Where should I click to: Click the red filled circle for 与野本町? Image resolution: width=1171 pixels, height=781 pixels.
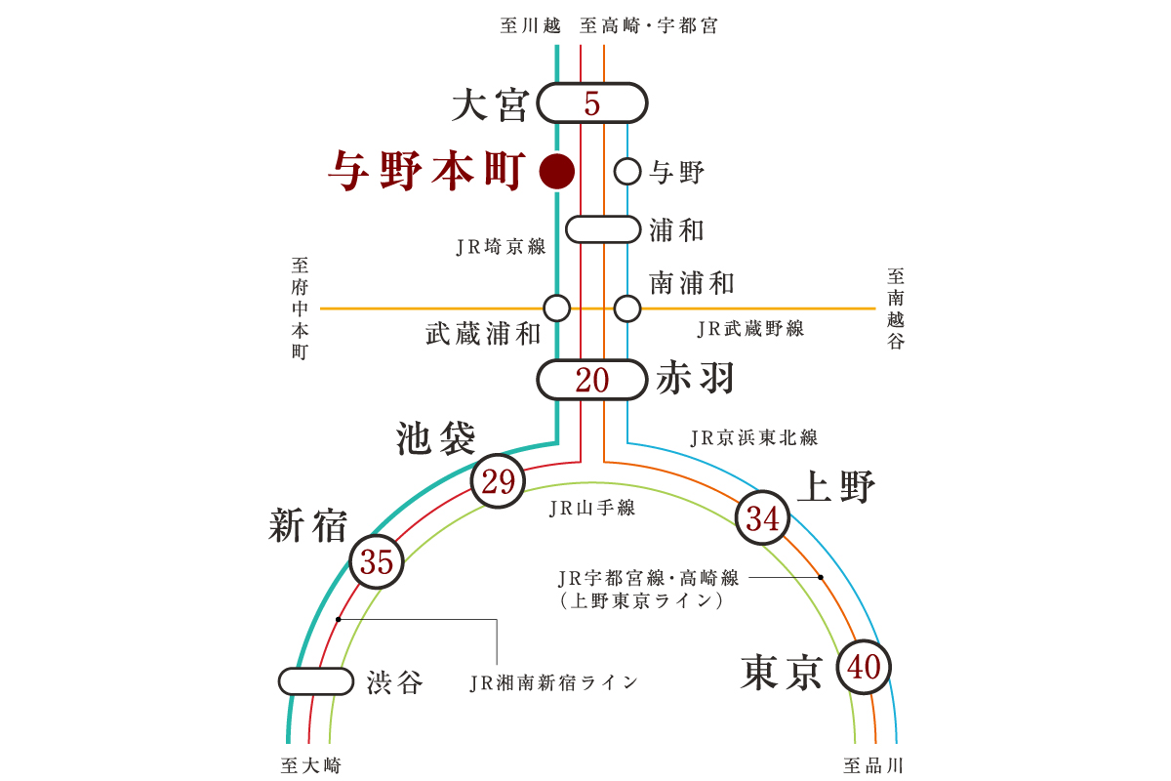coord(556,172)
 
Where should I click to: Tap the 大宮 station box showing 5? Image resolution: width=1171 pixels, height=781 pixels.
coord(592,103)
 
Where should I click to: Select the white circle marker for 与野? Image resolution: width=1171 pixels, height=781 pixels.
coord(627,172)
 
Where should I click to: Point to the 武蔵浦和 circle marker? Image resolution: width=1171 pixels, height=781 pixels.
coord(556,308)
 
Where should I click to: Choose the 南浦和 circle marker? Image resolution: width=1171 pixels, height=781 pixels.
coord(627,308)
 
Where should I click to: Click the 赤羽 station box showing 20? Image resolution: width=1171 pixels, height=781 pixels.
coord(592,380)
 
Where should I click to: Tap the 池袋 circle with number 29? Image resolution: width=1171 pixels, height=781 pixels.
coord(498,482)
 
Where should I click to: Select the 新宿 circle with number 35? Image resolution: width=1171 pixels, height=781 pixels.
coord(377,561)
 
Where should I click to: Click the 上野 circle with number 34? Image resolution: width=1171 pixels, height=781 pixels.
coord(762,518)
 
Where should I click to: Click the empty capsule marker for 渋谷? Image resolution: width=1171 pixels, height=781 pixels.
coord(316,681)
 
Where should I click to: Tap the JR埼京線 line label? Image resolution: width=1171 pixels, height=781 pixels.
coord(501,247)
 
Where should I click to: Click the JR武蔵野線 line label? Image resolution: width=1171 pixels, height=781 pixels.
coord(750,329)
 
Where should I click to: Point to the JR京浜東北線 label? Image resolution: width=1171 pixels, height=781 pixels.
coord(753,438)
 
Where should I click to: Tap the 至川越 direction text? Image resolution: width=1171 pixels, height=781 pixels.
coord(529,26)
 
